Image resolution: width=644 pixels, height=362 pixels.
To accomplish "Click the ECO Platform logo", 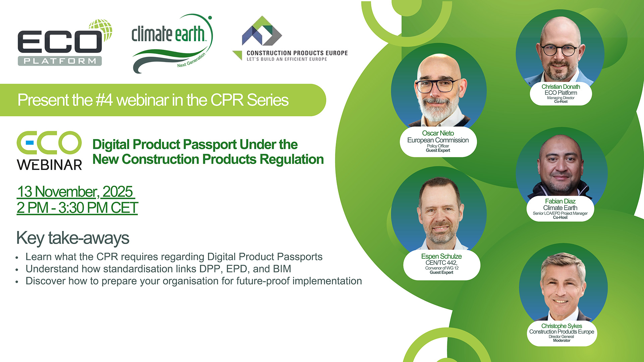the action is (65, 43).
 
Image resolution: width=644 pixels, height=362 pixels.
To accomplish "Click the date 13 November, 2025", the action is (75, 192).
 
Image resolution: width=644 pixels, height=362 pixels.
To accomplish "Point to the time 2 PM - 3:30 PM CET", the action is (77, 208).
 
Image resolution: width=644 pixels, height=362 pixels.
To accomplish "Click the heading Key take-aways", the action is (72, 238).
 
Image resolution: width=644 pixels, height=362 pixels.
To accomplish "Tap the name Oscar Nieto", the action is (438, 133).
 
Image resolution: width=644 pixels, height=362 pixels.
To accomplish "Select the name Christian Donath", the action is (560, 86).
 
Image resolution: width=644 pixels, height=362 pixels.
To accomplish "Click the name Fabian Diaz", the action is (560, 201).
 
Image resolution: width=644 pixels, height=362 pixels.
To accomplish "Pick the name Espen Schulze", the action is (441, 256).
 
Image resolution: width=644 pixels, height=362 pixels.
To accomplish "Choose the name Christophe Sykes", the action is (561, 326).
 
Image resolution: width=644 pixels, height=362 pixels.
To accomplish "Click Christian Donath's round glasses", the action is (560, 50).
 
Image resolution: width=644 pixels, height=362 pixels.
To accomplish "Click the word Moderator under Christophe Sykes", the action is (561, 341).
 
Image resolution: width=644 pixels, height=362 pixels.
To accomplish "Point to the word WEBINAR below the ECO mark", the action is (49, 165).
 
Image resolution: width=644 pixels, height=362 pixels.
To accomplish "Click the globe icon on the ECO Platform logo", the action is (101, 29).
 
